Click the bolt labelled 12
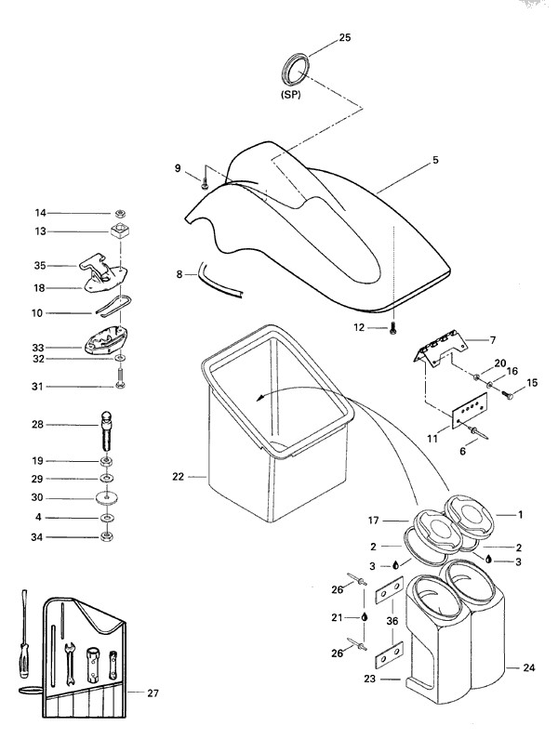pyautogui.click(x=394, y=327)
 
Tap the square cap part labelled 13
pyautogui.click(x=119, y=231)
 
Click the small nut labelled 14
pyautogui.click(x=120, y=213)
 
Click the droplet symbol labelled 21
pyautogui.click(x=365, y=615)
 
